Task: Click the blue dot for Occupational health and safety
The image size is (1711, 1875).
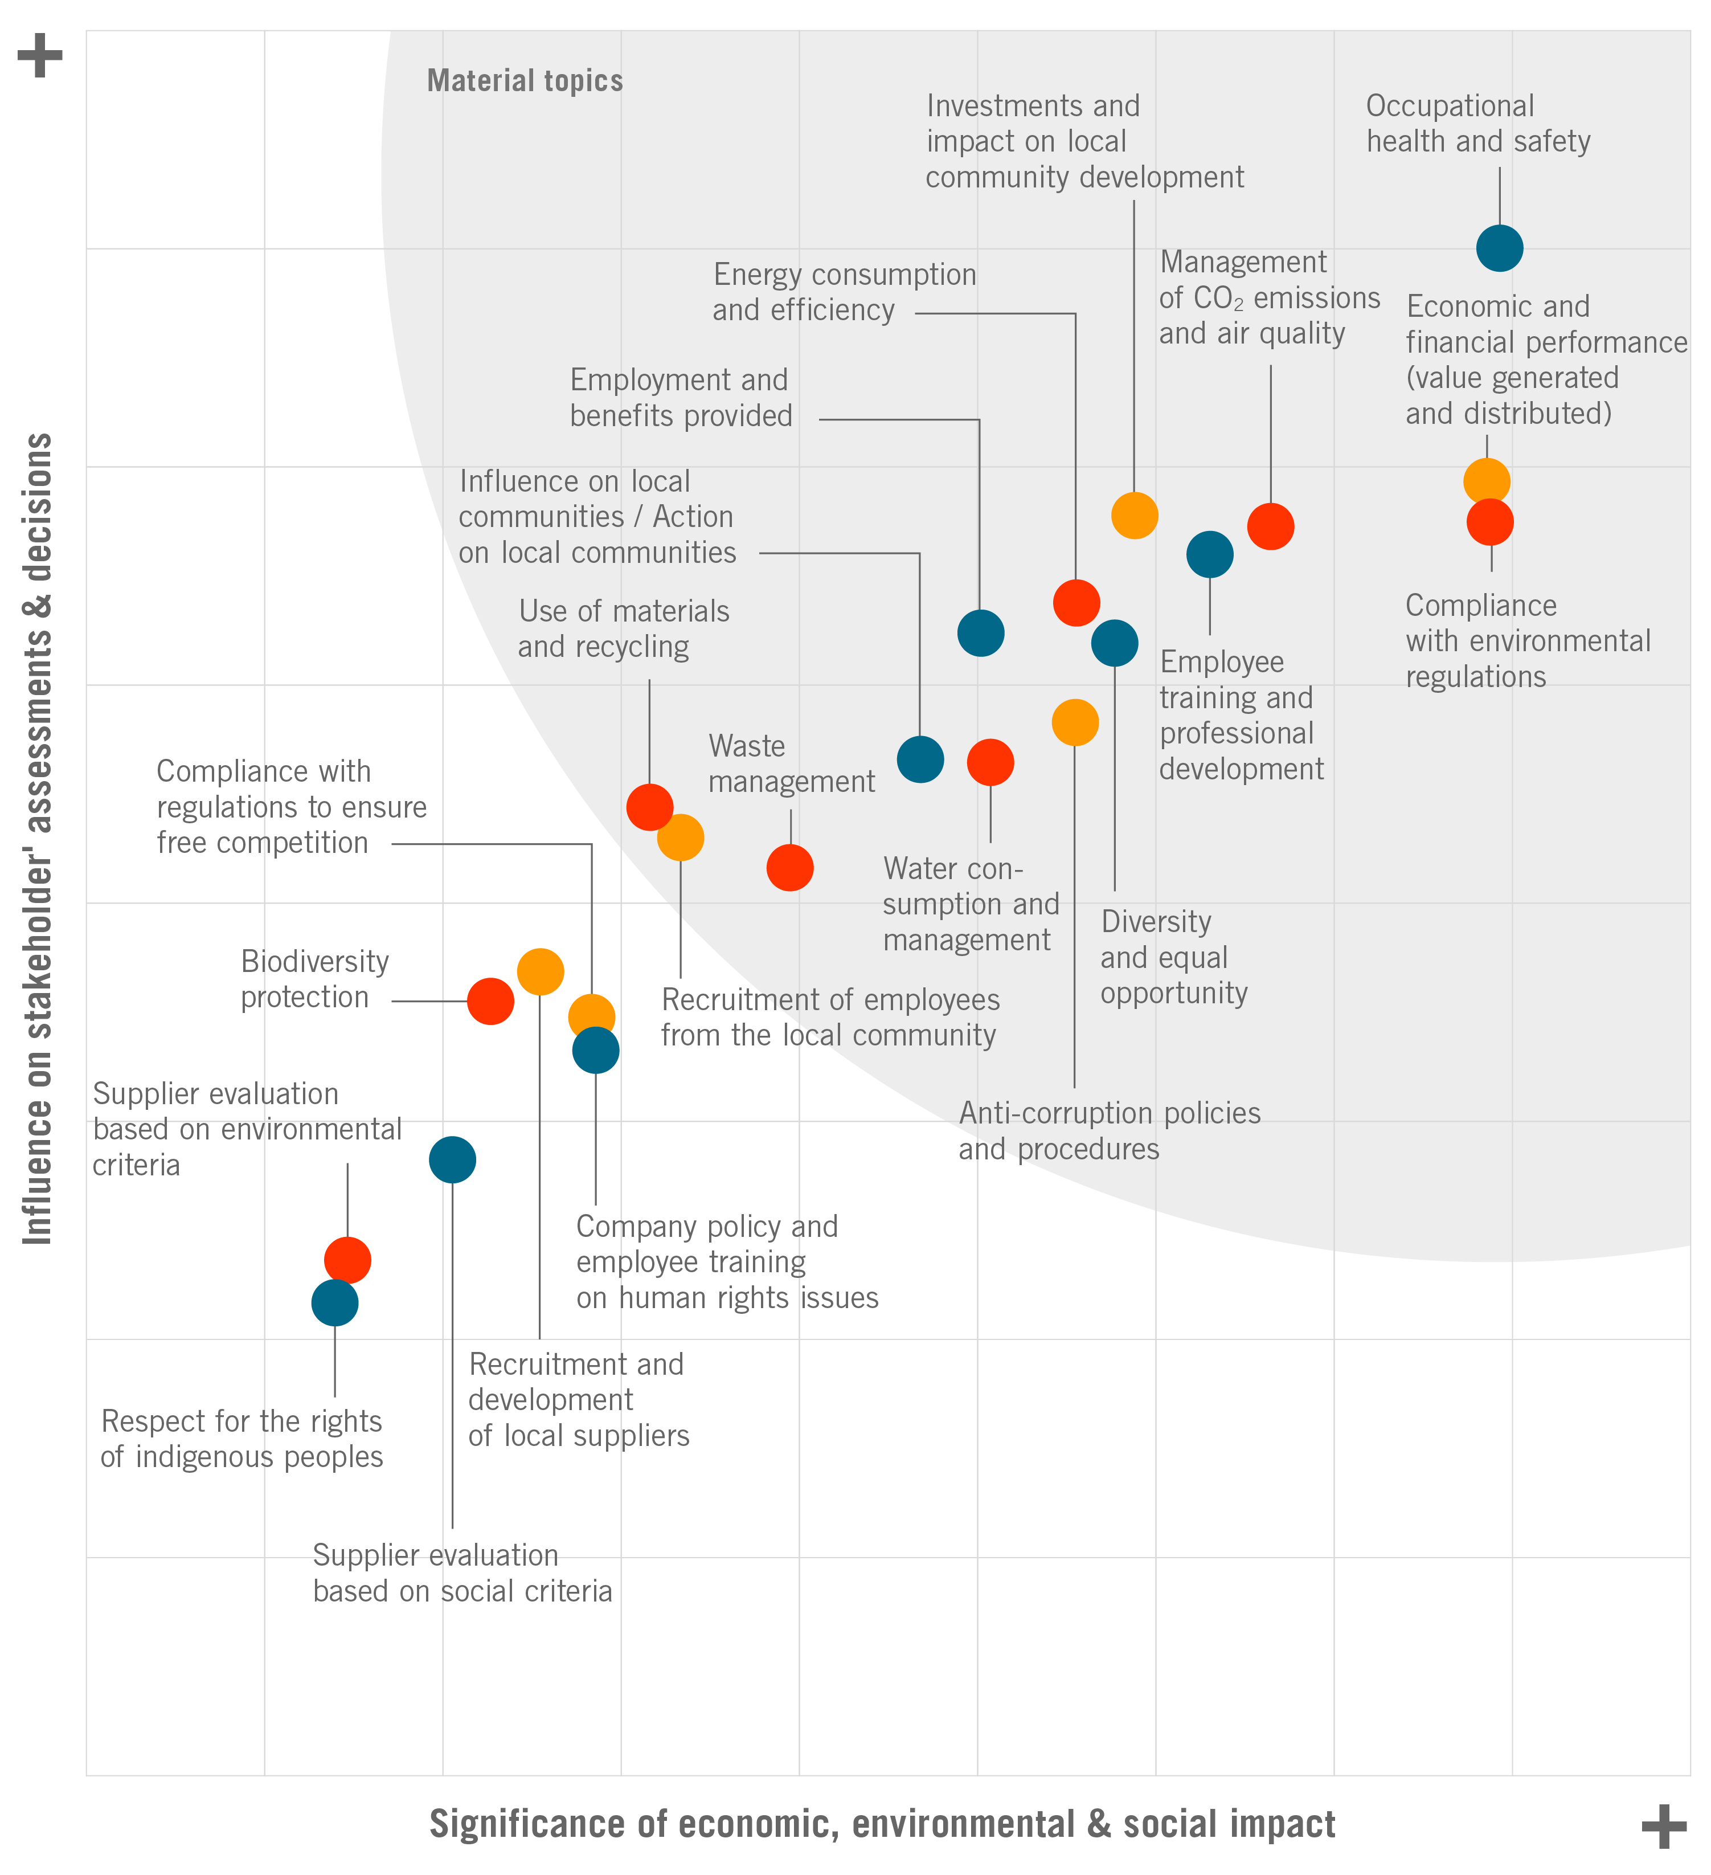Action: click(1499, 248)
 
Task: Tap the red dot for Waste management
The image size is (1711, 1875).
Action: click(789, 868)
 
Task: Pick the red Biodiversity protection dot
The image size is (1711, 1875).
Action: click(490, 1002)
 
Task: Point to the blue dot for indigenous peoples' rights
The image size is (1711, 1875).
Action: click(335, 1303)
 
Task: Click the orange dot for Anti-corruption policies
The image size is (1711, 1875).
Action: click(1075, 722)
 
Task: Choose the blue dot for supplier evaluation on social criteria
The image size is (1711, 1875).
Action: click(452, 1160)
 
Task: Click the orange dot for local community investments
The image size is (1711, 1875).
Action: click(1135, 515)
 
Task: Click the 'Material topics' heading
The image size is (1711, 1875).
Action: click(525, 81)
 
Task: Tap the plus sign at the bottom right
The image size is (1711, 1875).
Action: click(1664, 1827)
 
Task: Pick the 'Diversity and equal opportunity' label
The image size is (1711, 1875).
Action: click(1173, 957)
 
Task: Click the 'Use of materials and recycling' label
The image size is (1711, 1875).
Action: click(623, 629)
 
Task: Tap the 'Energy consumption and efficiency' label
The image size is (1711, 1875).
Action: click(844, 292)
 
